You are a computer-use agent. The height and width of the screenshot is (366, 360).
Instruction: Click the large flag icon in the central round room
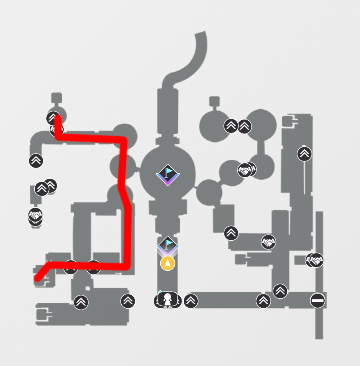click(x=167, y=173)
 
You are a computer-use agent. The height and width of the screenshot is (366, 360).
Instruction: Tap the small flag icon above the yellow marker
click(x=168, y=244)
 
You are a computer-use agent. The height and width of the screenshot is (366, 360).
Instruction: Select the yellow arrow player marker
click(x=168, y=262)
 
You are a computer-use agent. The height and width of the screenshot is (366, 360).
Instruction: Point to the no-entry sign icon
click(x=317, y=300)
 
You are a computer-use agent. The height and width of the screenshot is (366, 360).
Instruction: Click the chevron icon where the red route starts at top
click(x=54, y=119)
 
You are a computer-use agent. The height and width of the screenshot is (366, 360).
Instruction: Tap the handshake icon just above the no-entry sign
click(x=315, y=260)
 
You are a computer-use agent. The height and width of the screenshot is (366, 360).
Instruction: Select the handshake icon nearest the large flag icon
click(x=245, y=171)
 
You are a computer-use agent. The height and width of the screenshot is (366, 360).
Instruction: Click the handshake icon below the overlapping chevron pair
click(x=36, y=215)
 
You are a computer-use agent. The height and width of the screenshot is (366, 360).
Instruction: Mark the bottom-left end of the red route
click(x=38, y=277)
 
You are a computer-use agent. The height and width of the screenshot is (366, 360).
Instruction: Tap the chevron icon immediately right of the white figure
click(x=191, y=300)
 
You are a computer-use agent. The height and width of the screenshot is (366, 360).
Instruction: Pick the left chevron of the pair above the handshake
click(x=230, y=126)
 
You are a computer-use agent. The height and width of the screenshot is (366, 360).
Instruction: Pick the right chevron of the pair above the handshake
click(x=244, y=126)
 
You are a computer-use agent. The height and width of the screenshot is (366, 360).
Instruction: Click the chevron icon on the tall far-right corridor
click(x=304, y=153)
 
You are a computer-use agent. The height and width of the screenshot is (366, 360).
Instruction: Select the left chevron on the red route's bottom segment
click(x=70, y=267)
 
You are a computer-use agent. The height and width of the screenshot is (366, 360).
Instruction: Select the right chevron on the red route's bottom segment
click(x=93, y=267)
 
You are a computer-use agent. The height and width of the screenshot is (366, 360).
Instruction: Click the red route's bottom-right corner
click(x=124, y=266)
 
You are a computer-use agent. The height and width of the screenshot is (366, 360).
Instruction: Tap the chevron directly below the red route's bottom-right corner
click(x=128, y=300)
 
